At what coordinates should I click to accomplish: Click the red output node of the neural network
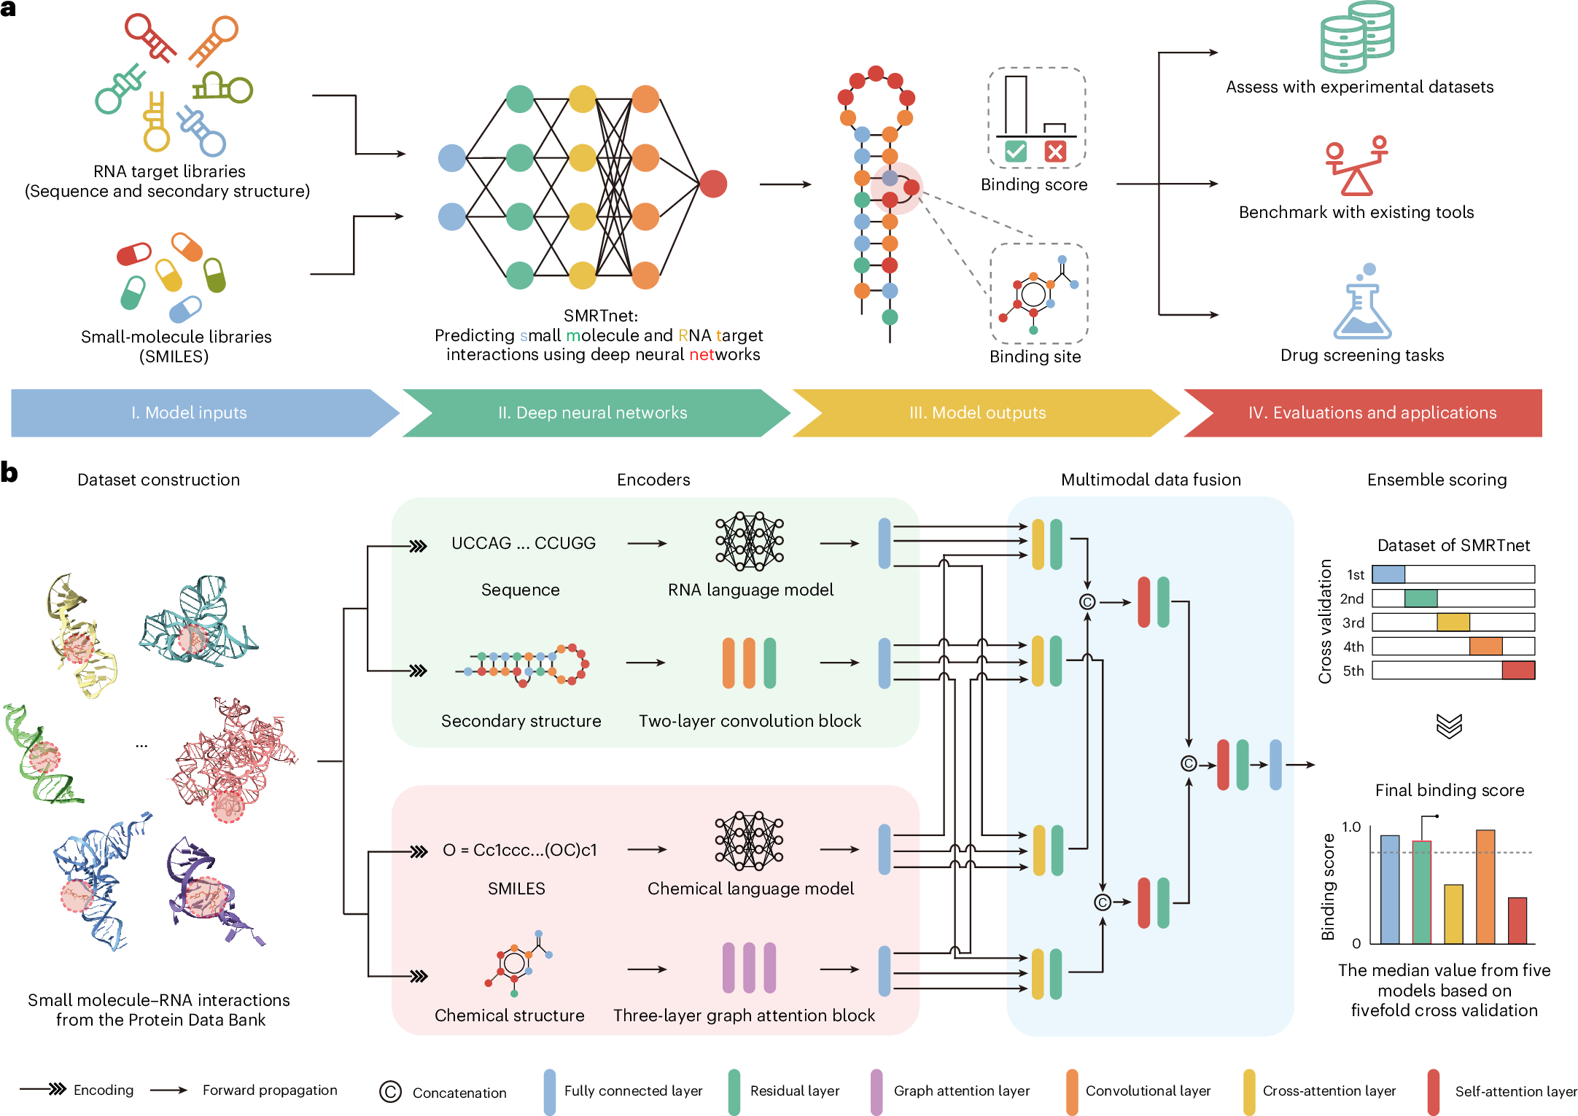coord(712,184)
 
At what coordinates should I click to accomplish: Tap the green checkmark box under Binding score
coord(1015,152)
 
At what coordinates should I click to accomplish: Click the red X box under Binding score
coord(1054,152)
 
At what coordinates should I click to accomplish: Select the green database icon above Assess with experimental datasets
coord(1356,36)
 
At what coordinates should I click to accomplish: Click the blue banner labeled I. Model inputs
coord(190,413)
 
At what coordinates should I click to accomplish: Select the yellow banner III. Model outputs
coord(977,413)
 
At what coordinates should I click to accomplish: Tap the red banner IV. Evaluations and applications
coord(1371,413)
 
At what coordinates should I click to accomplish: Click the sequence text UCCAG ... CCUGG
coord(523,543)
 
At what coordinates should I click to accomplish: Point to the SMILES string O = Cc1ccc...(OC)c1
coord(519,850)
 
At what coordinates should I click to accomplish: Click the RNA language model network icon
coord(749,541)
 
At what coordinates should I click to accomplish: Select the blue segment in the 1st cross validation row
coord(1388,574)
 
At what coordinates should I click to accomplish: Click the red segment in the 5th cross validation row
coord(1518,671)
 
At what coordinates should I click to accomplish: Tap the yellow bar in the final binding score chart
coord(1453,914)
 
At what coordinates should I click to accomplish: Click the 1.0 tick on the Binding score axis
coord(1350,827)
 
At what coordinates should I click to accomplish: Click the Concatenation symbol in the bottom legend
coord(390,1091)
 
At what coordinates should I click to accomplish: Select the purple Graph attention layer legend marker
coord(876,1091)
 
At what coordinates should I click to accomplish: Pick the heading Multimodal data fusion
coord(1150,480)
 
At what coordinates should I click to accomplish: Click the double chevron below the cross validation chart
coord(1449,725)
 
